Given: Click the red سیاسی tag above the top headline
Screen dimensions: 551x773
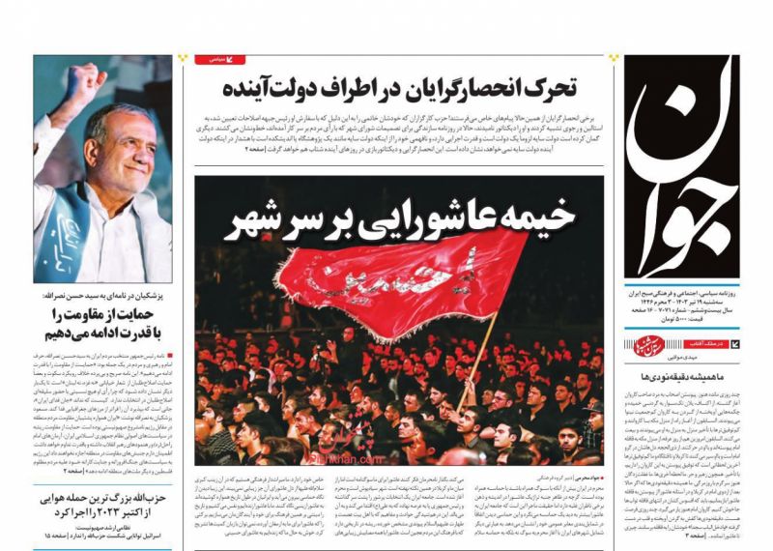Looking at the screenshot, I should (221, 60).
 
